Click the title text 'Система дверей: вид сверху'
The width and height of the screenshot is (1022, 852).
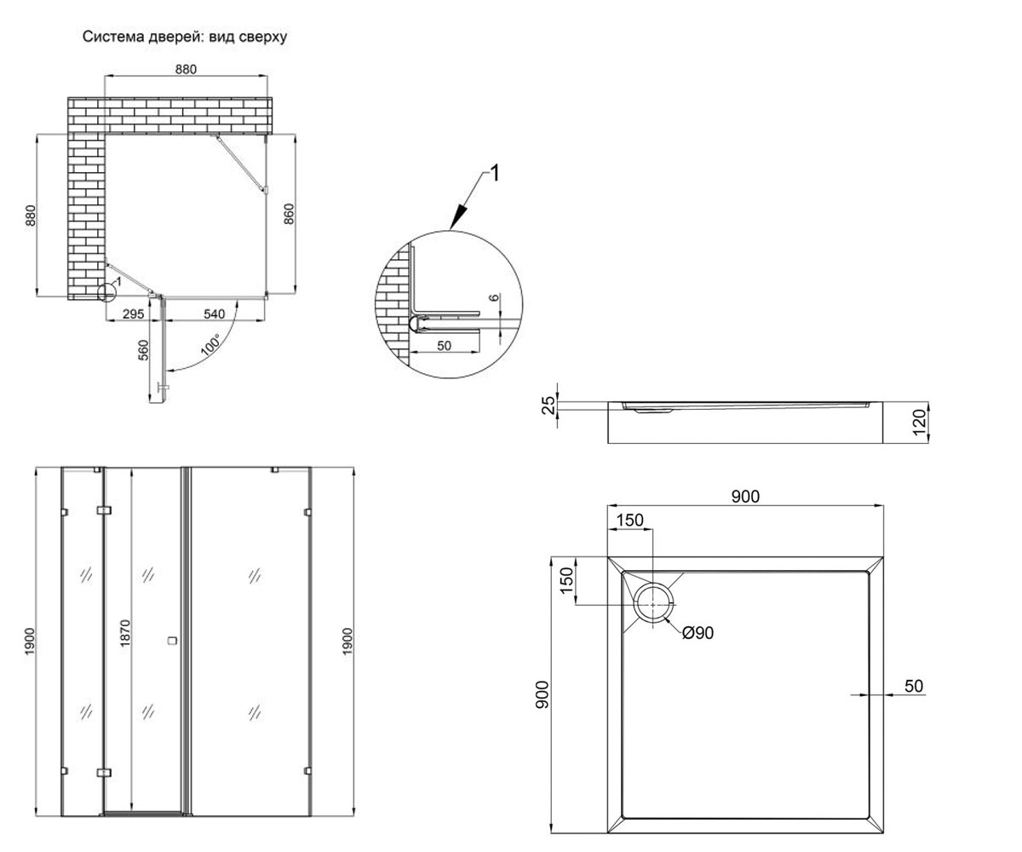(x=185, y=37)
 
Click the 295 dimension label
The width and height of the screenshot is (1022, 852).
(x=133, y=314)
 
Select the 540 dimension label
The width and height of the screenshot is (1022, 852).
(x=214, y=314)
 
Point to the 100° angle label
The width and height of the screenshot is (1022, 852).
(x=211, y=344)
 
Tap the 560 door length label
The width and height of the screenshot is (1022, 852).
(x=143, y=350)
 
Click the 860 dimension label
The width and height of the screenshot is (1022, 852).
(x=289, y=214)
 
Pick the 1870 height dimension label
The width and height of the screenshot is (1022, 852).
(x=125, y=633)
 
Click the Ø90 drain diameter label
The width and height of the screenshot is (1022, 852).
(x=698, y=633)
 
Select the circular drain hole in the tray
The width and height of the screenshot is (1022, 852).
(x=653, y=605)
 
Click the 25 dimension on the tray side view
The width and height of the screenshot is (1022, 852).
(x=549, y=406)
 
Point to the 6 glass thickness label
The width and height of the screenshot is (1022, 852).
(x=494, y=297)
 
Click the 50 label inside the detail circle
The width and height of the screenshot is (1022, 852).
(x=444, y=346)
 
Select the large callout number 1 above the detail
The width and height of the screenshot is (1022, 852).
(x=495, y=173)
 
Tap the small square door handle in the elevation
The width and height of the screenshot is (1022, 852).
(x=171, y=640)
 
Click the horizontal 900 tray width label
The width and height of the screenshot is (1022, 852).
(x=745, y=497)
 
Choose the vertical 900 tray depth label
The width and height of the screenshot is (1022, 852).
(x=543, y=694)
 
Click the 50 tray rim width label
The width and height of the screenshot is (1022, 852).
(x=913, y=686)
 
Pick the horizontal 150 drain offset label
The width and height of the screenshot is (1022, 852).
(x=629, y=520)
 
